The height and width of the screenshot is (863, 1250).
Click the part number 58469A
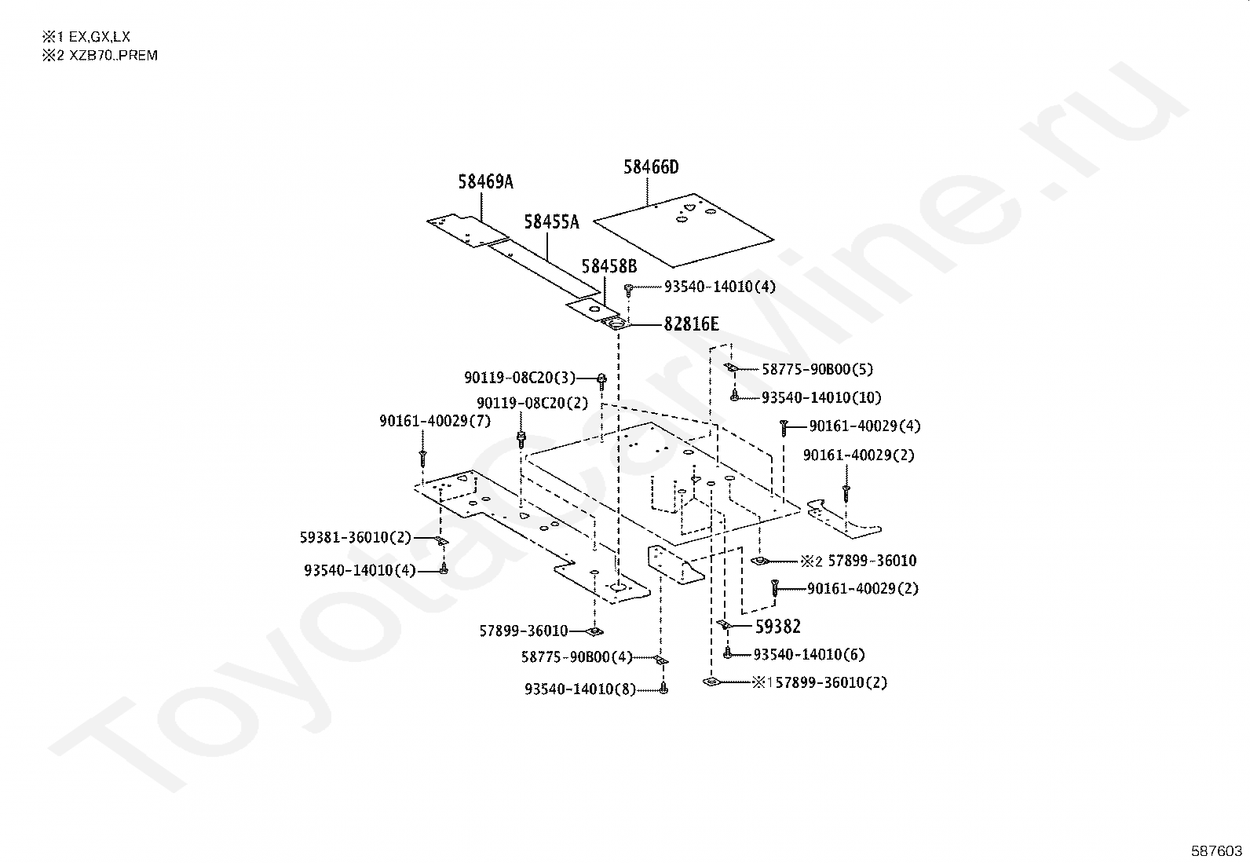click(x=485, y=182)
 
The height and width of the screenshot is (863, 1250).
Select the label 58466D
click(x=651, y=167)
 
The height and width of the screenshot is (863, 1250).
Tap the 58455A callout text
click(x=551, y=222)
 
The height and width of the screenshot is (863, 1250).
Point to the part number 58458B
click(x=609, y=267)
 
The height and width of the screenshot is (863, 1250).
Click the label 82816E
click(x=691, y=324)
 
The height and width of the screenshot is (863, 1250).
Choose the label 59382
click(x=778, y=626)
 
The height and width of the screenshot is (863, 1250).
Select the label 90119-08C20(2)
click(x=532, y=403)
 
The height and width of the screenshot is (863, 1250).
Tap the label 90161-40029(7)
click(x=434, y=422)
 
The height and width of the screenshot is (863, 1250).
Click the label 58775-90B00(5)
click(x=817, y=369)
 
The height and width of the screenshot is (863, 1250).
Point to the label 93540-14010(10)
click(x=821, y=398)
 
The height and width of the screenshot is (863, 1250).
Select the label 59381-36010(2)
click(x=355, y=537)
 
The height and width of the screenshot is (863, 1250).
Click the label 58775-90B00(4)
click(x=576, y=656)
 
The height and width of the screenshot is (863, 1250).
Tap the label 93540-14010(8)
click(x=580, y=689)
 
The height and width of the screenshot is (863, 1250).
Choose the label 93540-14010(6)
click(x=809, y=654)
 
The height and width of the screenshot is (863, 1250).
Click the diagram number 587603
click(x=1216, y=850)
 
